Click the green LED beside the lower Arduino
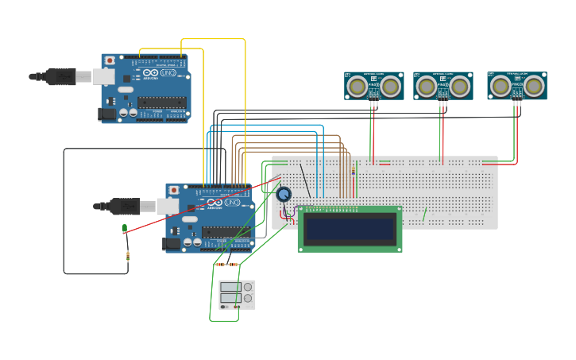click(125, 229)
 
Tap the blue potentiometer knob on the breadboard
click(284, 194)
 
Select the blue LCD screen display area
click(350, 229)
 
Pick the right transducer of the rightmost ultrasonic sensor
click(534, 85)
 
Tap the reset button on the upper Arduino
click(110, 61)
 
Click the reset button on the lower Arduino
click(174, 191)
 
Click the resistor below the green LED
click(128, 255)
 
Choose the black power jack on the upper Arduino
click(106, 114)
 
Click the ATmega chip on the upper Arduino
click(162, 102)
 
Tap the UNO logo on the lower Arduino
click(231, 203)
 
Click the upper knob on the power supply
click(248, 287)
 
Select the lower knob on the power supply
click(248, 298)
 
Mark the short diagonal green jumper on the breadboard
click(425, 215)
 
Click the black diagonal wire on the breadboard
click(305, 181)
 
